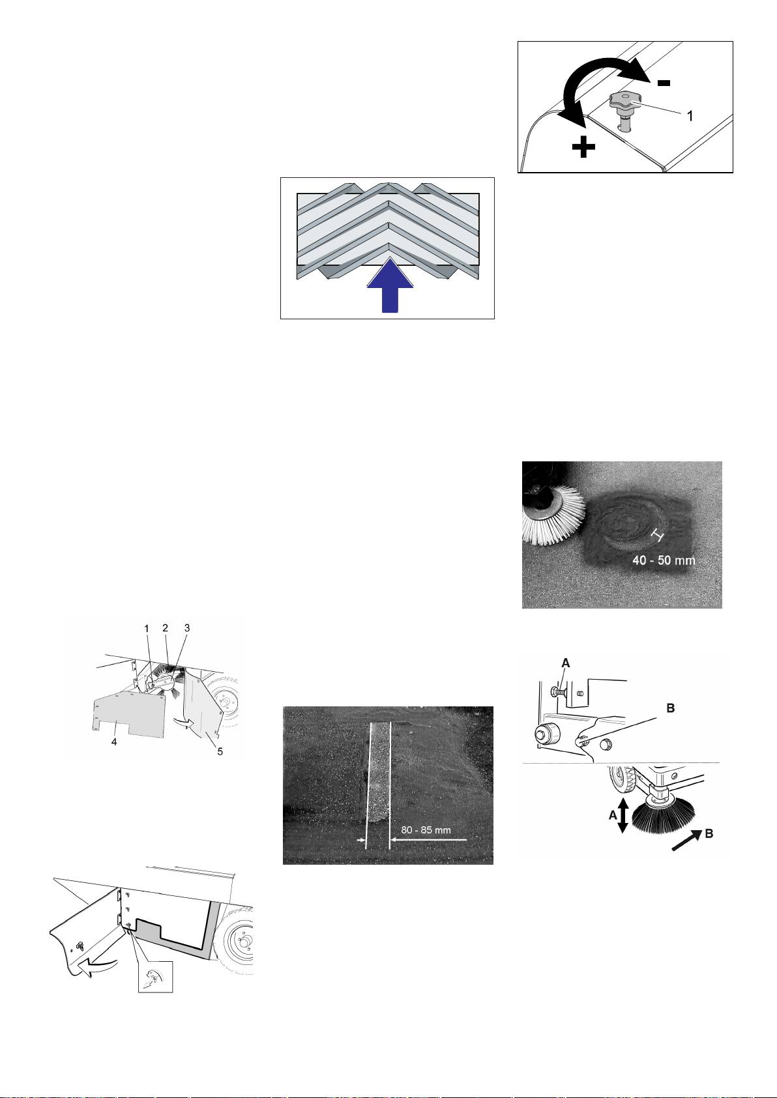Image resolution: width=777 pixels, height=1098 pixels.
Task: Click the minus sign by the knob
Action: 664,83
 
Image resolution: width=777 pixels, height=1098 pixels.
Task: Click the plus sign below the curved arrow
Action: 583,147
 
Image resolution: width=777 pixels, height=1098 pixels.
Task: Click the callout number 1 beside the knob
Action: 689,116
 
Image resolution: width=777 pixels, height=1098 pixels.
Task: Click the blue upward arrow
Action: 390,285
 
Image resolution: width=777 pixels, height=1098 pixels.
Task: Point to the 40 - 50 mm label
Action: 664,560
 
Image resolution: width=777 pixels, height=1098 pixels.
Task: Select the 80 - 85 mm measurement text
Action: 426,830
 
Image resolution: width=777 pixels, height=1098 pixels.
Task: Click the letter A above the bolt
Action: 565,663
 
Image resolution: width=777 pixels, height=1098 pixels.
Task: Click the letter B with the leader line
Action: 670,708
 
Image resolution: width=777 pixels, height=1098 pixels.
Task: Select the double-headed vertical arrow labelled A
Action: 623,815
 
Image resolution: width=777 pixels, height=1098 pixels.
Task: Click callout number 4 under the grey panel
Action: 114,742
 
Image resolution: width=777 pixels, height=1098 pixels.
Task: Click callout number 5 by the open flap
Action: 220,751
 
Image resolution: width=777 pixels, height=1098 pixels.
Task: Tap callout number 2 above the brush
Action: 165,628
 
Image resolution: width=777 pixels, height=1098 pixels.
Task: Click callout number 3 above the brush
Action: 187,628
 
